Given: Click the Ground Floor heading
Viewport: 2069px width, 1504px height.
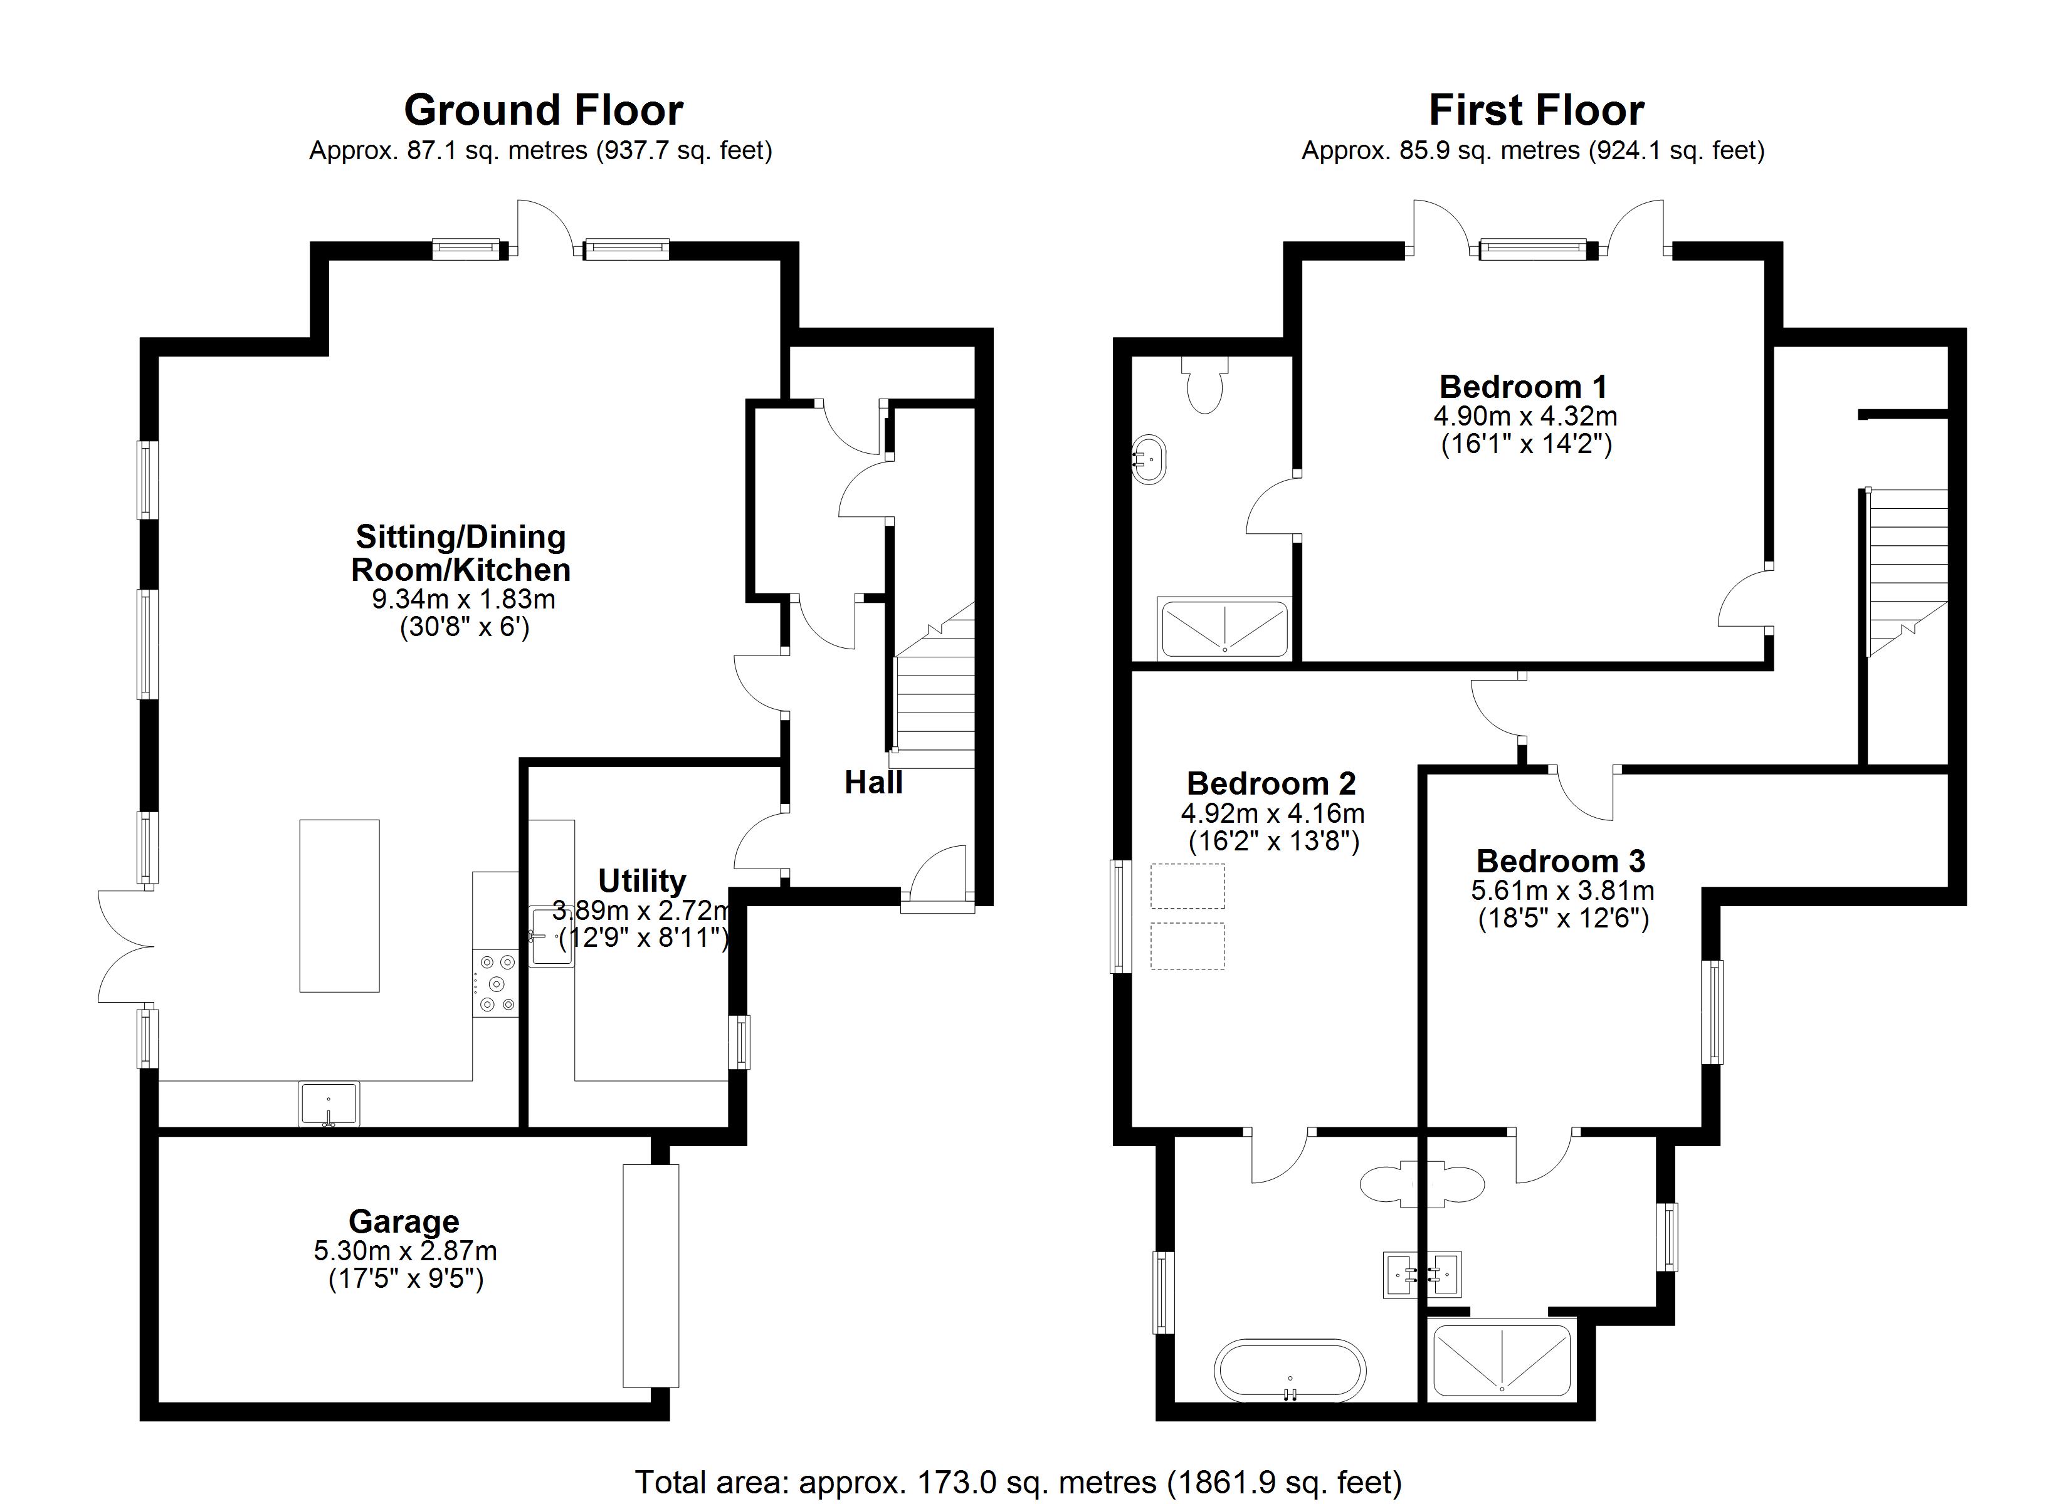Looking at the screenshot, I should (544, 110).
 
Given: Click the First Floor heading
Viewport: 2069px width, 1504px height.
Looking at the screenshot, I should (1536, 110).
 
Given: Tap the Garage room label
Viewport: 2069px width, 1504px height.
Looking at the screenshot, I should (404, 1221).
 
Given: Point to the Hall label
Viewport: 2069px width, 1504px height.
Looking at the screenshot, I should (873, 783).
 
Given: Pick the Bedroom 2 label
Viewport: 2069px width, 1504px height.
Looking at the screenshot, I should (1271, 783).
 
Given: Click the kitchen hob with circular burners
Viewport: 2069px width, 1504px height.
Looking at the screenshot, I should (495, 983).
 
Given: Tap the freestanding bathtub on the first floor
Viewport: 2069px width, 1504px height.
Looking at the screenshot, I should (1290, 1370).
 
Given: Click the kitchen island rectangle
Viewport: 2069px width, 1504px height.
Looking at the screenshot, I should (339, 906).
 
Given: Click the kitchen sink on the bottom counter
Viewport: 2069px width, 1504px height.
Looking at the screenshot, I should (329, 1104).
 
